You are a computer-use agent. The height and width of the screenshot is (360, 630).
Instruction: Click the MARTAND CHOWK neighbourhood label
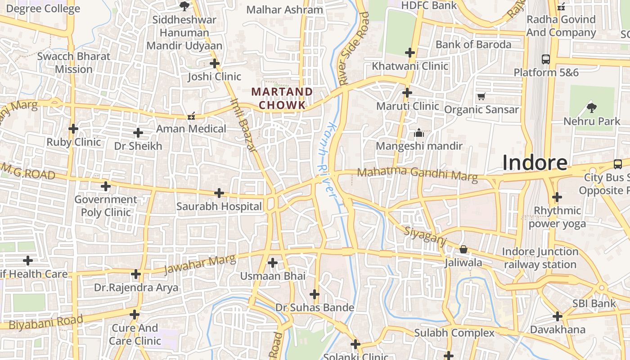[282, 99]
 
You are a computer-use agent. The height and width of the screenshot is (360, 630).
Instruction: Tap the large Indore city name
[535, 162]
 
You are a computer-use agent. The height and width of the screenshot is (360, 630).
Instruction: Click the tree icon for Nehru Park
[591, 107]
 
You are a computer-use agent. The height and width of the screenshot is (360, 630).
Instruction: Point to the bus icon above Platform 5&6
[546, 59]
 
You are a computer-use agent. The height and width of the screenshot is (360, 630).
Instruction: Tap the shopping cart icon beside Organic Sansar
[481, 96]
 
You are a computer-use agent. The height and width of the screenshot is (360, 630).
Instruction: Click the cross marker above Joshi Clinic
[215, 63]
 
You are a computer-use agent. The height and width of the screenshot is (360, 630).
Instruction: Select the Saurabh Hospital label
[219, 207]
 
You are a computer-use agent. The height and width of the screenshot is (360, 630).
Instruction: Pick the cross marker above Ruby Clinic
[73, 129]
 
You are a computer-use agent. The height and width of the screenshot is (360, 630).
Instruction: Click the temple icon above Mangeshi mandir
[419, 133]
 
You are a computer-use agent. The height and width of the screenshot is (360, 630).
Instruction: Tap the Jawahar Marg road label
[199, 265]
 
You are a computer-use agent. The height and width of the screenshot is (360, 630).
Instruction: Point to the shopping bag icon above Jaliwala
[463, 249]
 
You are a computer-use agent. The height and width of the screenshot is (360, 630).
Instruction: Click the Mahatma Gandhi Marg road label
[417, 174]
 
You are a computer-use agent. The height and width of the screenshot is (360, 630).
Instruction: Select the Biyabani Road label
[46, 322]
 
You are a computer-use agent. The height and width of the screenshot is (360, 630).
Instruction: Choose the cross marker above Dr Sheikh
[138, 133]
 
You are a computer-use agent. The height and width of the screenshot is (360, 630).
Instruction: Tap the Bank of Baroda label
[473, 45]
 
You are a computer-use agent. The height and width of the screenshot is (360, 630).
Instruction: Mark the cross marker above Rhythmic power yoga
[557, 197]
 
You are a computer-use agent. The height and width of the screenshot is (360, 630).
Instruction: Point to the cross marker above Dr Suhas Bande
[315, 295]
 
